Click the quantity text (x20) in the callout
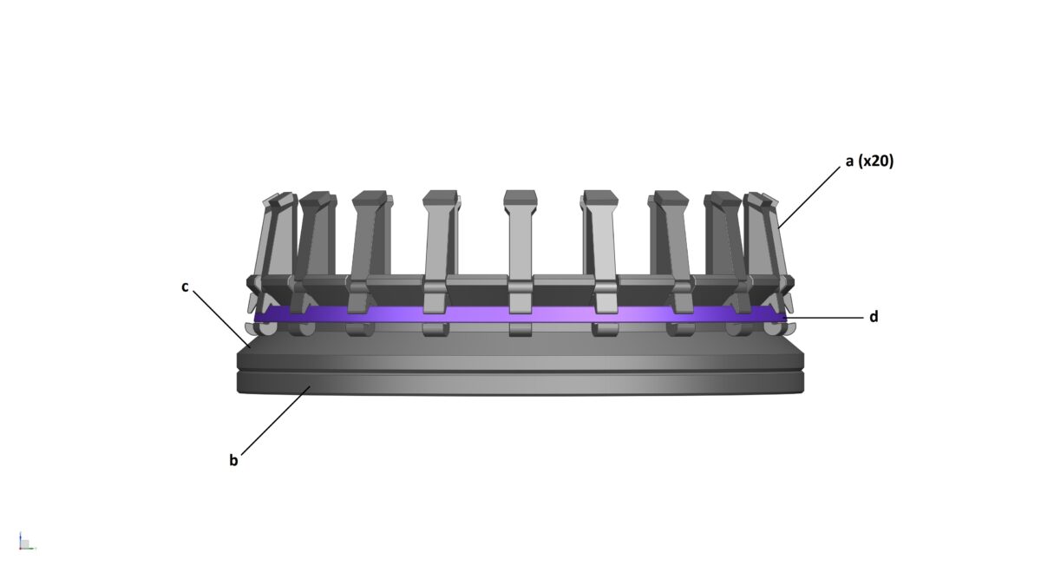pyautogui.click(x=876, y=161)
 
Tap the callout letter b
pyautogui.click(x=233, y=461)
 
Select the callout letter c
pyautogui.click(x=186, y=286)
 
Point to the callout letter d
pyautogui.click(x=874, y=317)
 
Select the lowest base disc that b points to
pyautogui.click(x=520, y=385)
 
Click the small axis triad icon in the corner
pyautogui.click(x=25, y=543)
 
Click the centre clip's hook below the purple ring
pyautogui.click(x=520, y=329)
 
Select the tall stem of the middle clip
pyautogui.click(x=520, y=243)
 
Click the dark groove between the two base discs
pyautogui.click(x=520, y=372)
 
